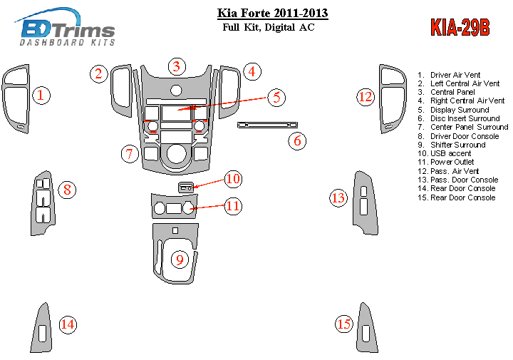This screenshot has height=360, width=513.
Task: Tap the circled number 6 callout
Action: (298, 141)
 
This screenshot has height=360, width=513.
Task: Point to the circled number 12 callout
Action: (366, 96)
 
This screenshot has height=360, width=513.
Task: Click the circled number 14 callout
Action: (68, 325)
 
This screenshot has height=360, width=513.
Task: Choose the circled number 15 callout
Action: (344, 325)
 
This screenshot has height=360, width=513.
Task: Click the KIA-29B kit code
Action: (460, 27)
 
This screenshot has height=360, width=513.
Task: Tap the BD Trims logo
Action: (68, 31)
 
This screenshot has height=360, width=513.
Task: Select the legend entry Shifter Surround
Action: (457, 145)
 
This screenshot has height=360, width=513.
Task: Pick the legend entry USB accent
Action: (450, 153)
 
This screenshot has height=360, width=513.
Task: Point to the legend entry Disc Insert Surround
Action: (464, 118)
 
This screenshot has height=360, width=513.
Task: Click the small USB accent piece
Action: (185, 187)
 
